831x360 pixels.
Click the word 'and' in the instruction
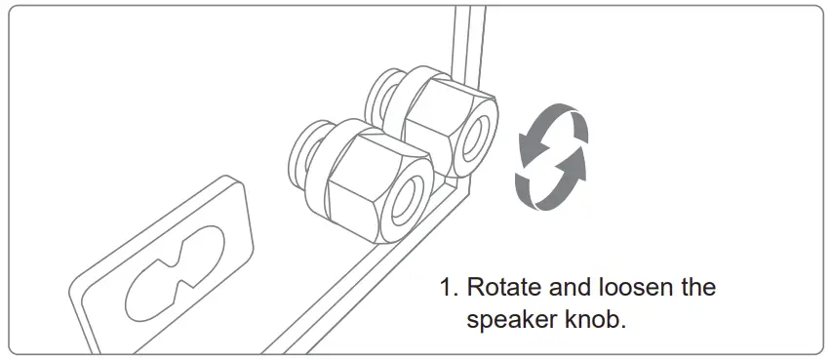pos(570,288)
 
